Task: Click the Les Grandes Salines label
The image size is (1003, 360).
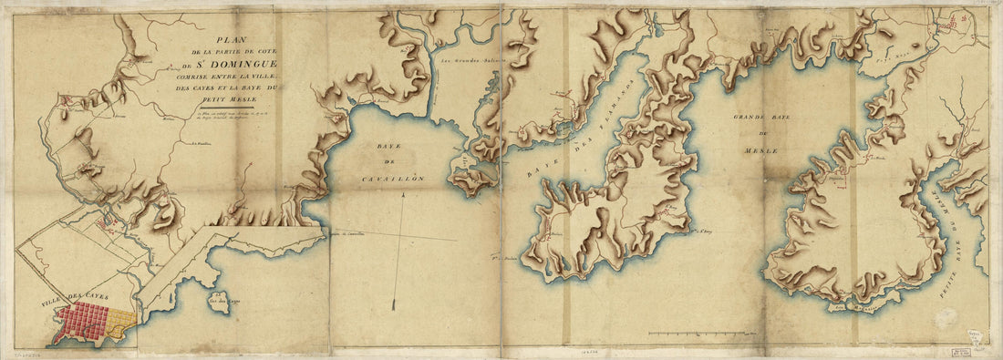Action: coord(466,62)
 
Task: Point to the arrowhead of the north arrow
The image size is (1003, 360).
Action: coord(396,304)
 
